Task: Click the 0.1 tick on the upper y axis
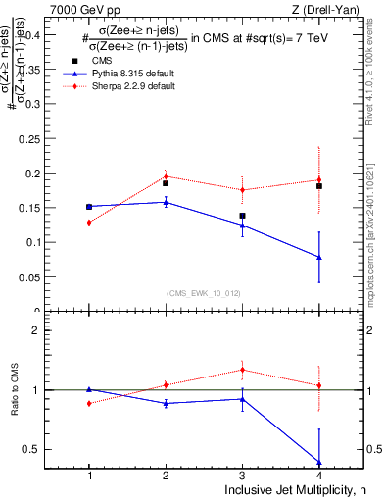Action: (x=46, y=242)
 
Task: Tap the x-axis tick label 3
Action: (x=242, y=475)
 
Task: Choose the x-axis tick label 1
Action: (x=89, y=475)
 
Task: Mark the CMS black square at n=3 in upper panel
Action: (x=242, y=216)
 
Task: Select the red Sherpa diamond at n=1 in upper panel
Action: (x=89, y=223)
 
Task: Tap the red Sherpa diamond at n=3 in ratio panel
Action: (x=242, y=370)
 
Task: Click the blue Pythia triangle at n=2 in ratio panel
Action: (x=166, y=403)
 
